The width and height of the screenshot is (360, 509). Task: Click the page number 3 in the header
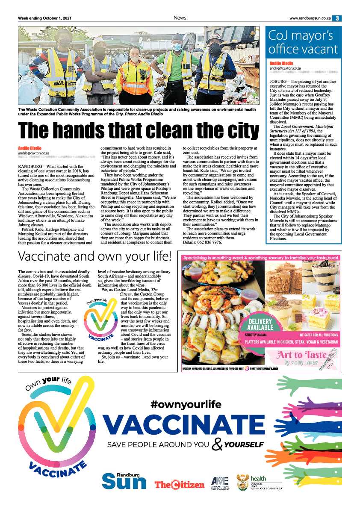point(337,18)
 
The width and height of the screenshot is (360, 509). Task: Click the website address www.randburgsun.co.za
point(310,18)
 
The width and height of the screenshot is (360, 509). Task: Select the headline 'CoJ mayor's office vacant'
point(302,43)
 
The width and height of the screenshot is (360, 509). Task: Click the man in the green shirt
point(177,64)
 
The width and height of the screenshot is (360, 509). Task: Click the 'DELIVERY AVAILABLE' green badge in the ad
point(261,324)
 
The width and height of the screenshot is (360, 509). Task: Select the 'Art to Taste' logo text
point(302,356)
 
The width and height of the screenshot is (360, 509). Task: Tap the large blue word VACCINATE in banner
point(184,424)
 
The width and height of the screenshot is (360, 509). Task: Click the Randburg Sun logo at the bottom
point(124,481)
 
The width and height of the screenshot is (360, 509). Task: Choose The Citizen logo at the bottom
point(179,484)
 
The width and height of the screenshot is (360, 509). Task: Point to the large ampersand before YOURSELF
point(217,445)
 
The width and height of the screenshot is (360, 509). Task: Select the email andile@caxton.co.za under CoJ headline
point(285,68)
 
